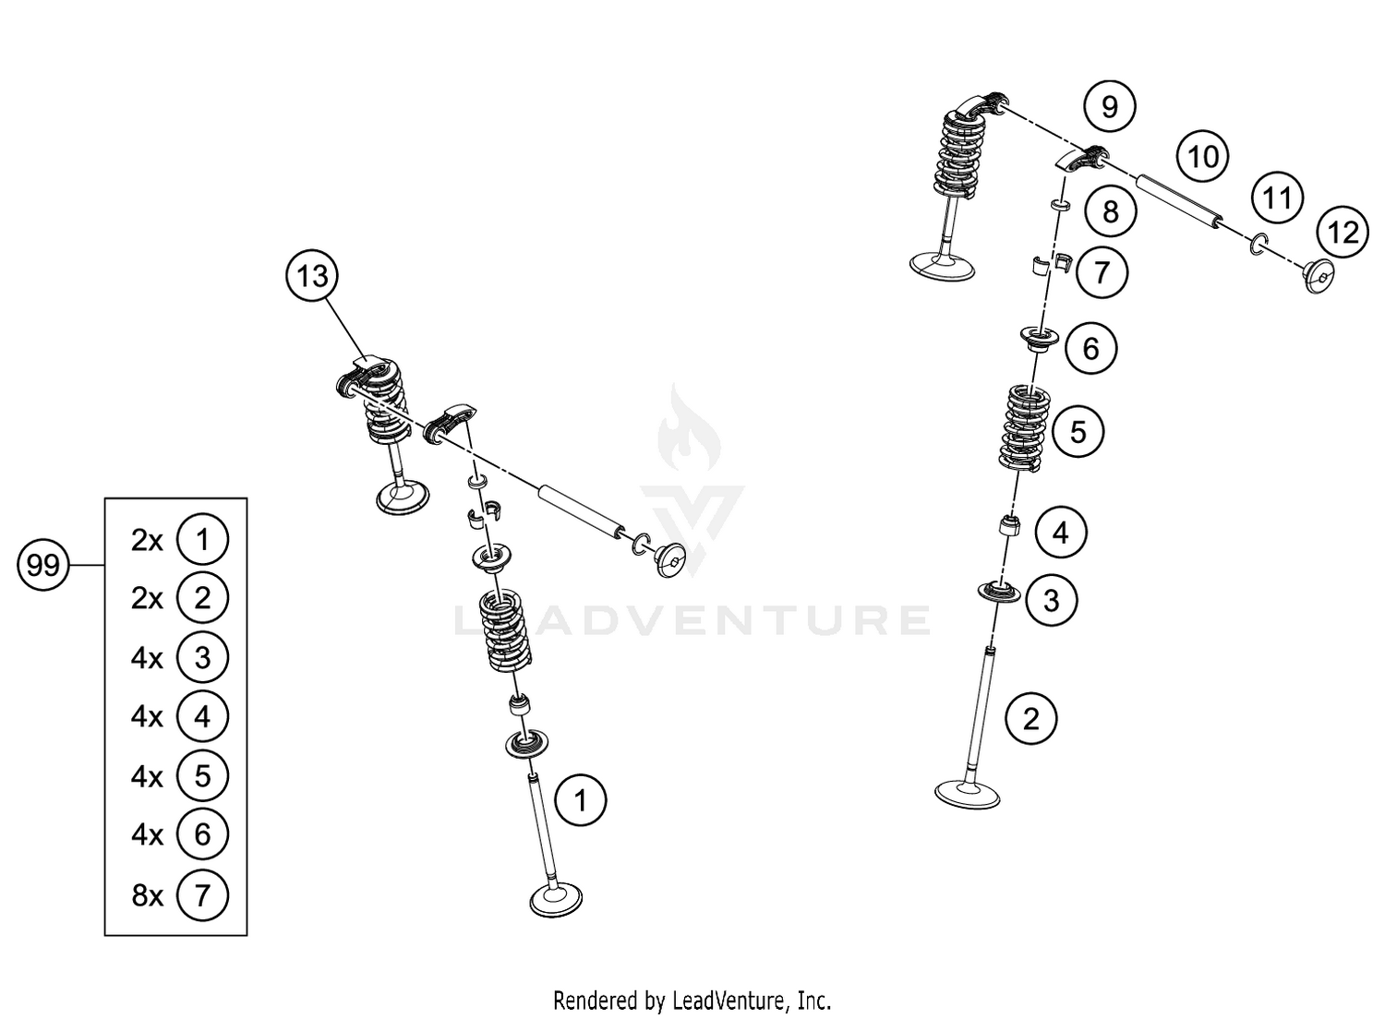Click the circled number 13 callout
coord(313,275)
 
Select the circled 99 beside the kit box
coord(42,564)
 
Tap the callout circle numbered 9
coord(1109,107)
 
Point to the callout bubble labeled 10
coord(1202,157)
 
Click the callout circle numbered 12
coord(1343,232)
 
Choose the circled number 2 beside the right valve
coord(1031,718)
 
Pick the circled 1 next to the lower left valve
coord(580,800)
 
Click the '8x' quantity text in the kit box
coord(147,894)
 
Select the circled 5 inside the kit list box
coord(202,775)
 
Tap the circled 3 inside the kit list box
coord(202,657)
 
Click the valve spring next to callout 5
coord(1026,425)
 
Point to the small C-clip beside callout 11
coord(1259,245)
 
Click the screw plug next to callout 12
coord(1319,275)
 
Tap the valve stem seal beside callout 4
coord(1009,528)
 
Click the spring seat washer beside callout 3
coord(999,591)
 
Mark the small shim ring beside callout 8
coord(1061,204)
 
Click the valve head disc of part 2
coord(967,794)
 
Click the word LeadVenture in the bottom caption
coord(729,1000)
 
